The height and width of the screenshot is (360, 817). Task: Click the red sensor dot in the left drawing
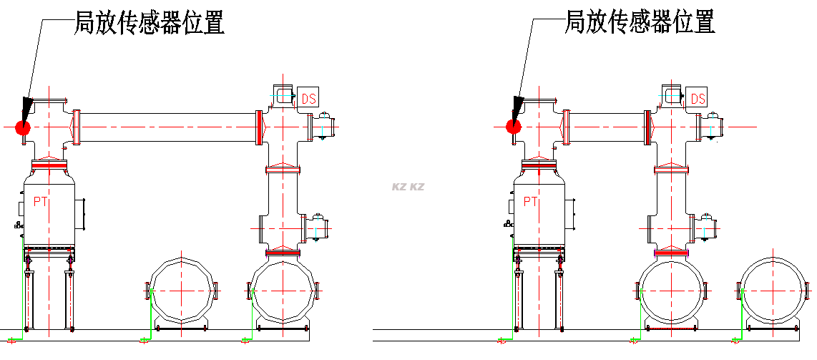pos(22,128)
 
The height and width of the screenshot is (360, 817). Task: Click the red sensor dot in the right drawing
pos(512,127)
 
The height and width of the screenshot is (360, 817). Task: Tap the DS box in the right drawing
pos(698,99)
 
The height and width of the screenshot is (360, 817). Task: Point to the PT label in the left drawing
pos(41,202)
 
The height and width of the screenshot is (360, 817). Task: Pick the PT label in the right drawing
pos(530,201)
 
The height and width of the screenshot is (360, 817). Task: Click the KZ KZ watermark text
pos(408,187)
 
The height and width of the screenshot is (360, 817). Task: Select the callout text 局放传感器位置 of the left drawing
pos(150,23)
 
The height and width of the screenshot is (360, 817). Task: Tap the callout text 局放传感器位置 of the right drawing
pos(640,22)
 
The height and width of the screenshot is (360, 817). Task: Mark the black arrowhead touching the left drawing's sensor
pos(26,111)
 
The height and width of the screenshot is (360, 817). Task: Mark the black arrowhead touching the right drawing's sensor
pos(517,110)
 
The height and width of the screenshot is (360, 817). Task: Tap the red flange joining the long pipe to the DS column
pos(258,127)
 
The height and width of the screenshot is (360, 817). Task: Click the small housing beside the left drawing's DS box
pos(283,95)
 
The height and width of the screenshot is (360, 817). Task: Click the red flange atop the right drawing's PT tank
pos(539,165)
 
